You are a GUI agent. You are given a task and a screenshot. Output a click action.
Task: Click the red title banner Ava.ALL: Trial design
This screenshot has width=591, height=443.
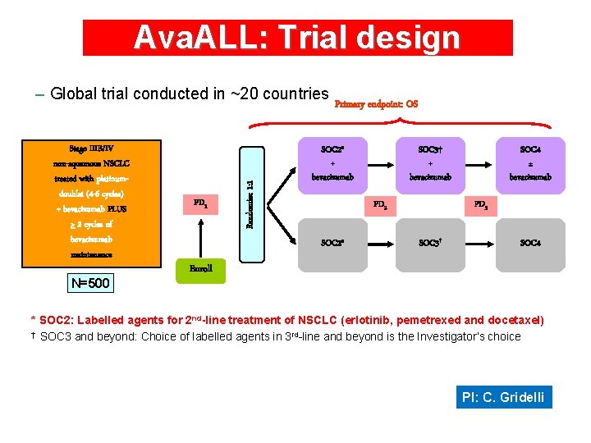[x=297, y=38]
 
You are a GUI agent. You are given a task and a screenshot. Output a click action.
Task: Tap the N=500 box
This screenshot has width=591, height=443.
[x=91, y=284]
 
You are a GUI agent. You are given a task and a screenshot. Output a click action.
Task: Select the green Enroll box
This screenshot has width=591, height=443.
[x=200, y=269]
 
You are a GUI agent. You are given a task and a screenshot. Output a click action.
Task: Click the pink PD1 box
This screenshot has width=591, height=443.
[x=200, y=203]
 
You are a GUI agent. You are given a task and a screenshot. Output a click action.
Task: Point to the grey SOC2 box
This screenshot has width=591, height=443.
[x=332, y=244]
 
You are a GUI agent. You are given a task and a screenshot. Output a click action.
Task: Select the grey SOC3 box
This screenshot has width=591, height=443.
[x=430, y=244]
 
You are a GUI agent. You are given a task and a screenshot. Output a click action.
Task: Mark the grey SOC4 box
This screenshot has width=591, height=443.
[x=530, y=244]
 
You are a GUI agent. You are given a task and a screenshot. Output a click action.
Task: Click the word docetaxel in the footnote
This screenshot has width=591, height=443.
[x=512, y=320]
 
